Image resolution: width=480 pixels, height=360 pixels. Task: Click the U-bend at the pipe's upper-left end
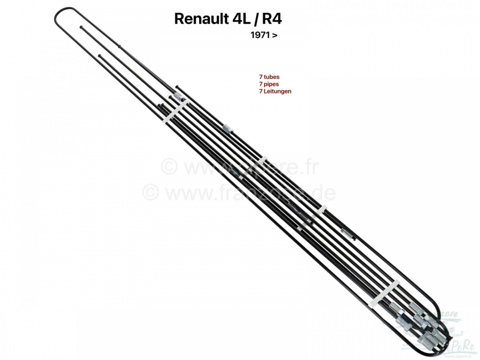point(60,19)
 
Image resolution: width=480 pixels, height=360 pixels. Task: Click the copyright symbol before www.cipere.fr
point(168,168)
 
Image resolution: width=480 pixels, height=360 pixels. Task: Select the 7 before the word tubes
point(260,77)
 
